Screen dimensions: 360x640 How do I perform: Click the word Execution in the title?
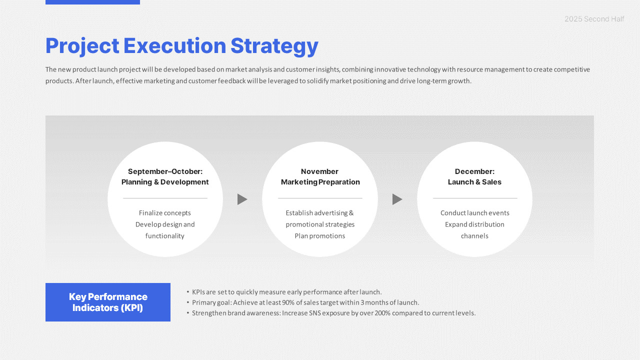[174, 46]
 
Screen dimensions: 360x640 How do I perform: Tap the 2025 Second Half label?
[594, 19]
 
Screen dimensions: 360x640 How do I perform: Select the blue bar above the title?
[92, 2]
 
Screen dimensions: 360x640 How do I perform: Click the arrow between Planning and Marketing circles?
[242, 199]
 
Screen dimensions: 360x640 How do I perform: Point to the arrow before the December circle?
[397, 199]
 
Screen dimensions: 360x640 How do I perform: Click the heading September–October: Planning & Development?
[165, 177]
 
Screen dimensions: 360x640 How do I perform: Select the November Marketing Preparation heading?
[320, 177]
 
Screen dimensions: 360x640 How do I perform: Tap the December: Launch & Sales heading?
[474, 177]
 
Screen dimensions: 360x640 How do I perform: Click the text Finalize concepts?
[165, 213]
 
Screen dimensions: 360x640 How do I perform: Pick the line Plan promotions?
[320, 236]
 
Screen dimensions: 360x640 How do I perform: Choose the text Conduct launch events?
[474, 213]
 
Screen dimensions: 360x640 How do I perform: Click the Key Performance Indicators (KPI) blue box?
[108, 302]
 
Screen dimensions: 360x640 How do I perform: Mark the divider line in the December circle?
[474, 198]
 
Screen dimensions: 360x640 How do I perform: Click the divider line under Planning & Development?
[165, 198]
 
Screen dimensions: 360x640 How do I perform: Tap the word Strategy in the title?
[274, 46]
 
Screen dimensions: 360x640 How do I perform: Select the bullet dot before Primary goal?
[188, 302]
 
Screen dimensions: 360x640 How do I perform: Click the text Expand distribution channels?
[474, 230]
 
